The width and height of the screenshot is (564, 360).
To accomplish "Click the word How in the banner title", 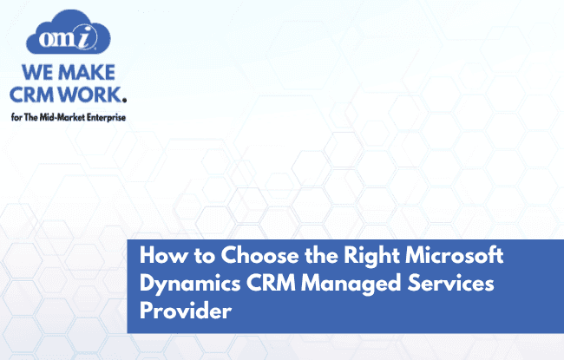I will pyautogui.click(x=159, y=257).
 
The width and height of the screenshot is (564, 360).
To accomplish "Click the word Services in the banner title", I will pyautogui.click(x=429, y=285).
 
